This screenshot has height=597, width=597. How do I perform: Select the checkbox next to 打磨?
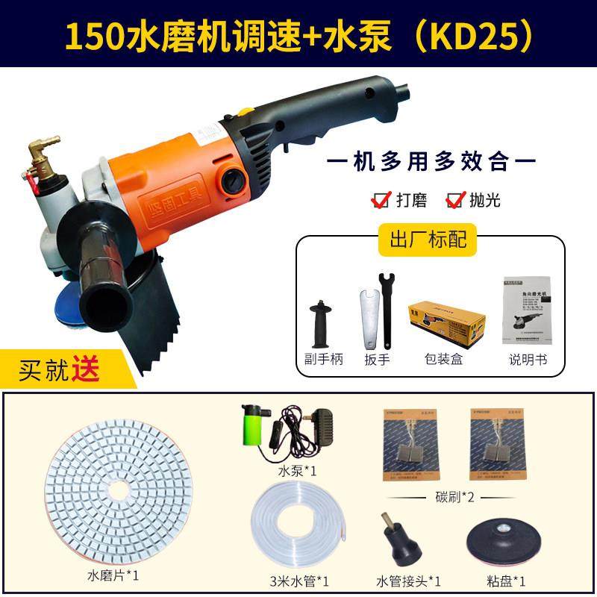(x=381, y=199)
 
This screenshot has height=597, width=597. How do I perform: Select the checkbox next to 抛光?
(x=454, y=199)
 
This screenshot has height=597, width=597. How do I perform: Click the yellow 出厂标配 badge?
(x=428, y=239)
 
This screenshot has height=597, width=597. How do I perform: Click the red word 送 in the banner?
(x=86, y=369)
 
